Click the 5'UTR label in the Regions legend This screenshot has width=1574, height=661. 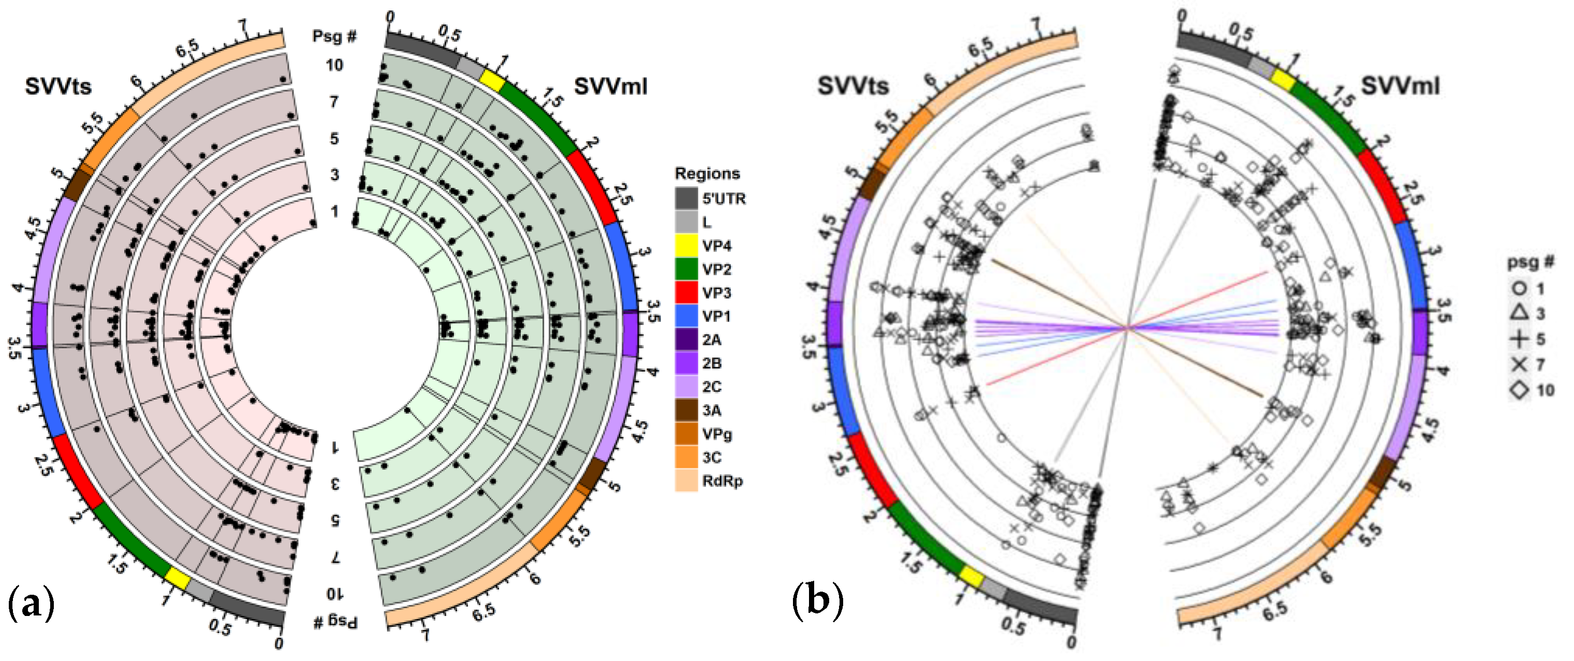724,199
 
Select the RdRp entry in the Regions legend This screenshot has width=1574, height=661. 722,481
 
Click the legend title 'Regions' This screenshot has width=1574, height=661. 707,173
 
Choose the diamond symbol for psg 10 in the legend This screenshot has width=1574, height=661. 1520,390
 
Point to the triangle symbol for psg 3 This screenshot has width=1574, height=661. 1520,313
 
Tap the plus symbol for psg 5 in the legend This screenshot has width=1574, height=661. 1520,339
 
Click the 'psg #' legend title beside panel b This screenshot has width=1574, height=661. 1530,262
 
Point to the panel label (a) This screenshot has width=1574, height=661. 31,603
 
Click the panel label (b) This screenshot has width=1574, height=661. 818,600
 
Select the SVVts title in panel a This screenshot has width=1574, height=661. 58,86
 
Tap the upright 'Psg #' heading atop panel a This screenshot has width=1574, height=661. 334,36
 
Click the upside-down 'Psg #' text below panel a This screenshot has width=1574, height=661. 335,622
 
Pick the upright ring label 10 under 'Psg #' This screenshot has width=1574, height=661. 334,65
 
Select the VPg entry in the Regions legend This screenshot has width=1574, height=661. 717,434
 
